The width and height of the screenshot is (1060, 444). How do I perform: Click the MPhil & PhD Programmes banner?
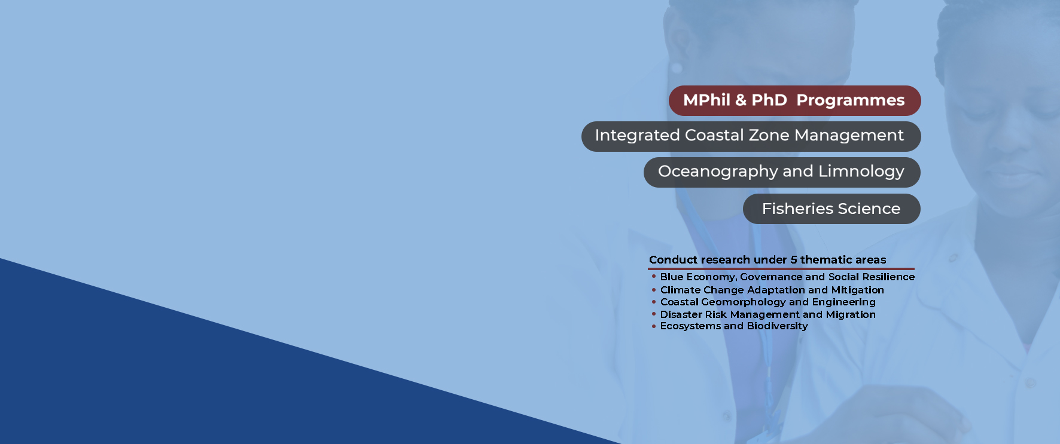click(794, 100)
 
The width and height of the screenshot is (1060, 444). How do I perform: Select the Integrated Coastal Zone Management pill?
click(751, 136)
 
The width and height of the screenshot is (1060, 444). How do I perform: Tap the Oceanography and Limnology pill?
click(781, 172)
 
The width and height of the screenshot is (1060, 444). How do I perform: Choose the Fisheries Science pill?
click(831, 209)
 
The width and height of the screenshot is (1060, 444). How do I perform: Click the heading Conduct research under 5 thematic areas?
click(767, 260)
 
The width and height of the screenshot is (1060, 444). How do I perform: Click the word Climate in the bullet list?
click(680, 290)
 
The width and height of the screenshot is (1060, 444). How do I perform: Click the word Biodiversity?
click(777, 326)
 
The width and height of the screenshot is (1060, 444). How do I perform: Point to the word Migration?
click(851, 314)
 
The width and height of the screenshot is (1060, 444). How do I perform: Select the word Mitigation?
click(857, 290)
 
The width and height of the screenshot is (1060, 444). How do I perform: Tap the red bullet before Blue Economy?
click(654, 277)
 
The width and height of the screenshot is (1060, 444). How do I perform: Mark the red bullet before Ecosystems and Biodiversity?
click(654, 326)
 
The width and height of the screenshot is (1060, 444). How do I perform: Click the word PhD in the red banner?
click(769, 100)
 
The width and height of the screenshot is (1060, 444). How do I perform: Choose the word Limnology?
click(861, 172)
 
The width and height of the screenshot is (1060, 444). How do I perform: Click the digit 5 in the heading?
click(794, 260)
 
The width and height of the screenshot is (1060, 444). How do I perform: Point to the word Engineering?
click(843, 302)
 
